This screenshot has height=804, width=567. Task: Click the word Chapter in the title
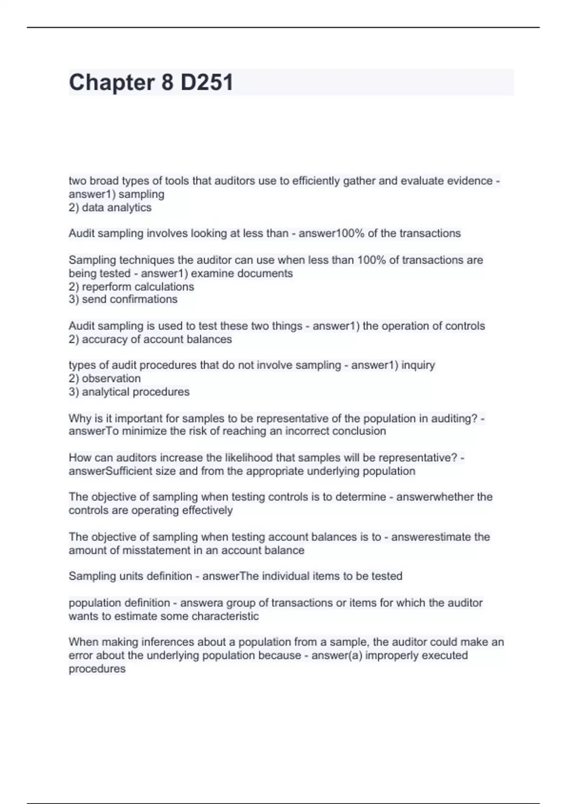point(112,82)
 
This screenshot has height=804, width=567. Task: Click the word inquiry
point(418,365)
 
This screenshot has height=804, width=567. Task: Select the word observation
point(111,378)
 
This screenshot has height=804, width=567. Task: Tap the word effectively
point(207,510)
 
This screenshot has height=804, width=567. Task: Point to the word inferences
point(162,642)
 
